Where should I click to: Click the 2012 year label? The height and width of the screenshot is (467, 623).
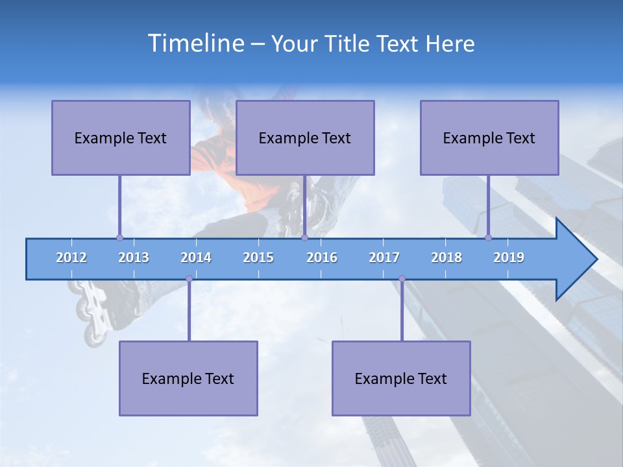pos(71,257)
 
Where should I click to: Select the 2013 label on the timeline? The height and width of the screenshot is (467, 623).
pos(134,257)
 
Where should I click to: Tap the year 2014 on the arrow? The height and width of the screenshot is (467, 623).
pos(196,257)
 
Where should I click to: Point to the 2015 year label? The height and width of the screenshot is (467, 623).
pos(258,257)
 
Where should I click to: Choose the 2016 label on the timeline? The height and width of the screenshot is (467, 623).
pos(322,257)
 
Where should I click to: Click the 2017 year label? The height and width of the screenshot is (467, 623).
pos(384,257)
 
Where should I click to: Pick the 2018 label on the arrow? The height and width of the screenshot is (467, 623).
pos(446,257)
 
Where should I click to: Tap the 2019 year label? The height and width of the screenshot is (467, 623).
pos(509,257)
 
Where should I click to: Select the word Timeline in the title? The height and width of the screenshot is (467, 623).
pos(195,43)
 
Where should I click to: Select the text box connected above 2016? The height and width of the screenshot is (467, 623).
pos(305,138)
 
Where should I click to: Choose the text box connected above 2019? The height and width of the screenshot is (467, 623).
pos(489,138)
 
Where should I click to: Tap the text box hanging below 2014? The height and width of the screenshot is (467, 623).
pos(188,378)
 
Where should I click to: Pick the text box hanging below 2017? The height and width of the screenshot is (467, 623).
pos(401,378)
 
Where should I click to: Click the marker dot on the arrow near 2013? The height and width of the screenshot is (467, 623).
pos(119,237)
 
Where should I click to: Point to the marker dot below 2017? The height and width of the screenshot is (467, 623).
pos(402,279)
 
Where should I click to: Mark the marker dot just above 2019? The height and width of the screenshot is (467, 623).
pos(488,237)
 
